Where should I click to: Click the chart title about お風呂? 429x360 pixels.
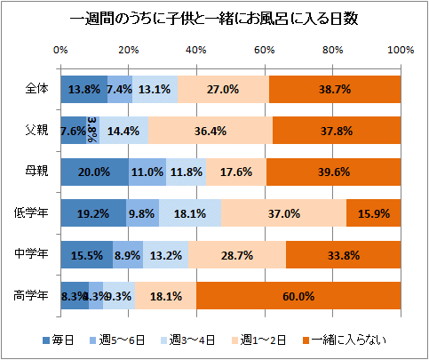pos(213,19)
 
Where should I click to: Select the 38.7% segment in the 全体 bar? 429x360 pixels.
pos(335,89)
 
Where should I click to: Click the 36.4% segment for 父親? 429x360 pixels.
pos(211,131)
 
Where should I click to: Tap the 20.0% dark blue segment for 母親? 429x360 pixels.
pos(94,172)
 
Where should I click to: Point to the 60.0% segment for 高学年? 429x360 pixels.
pos(298,296)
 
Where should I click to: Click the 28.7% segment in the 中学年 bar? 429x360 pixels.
pos(237,255)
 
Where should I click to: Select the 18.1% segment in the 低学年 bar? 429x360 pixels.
pos(189,213)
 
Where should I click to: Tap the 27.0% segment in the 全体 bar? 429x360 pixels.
pos(222,89)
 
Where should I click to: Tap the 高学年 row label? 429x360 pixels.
pos(34,296)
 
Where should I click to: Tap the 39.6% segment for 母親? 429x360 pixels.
pos(333,172)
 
